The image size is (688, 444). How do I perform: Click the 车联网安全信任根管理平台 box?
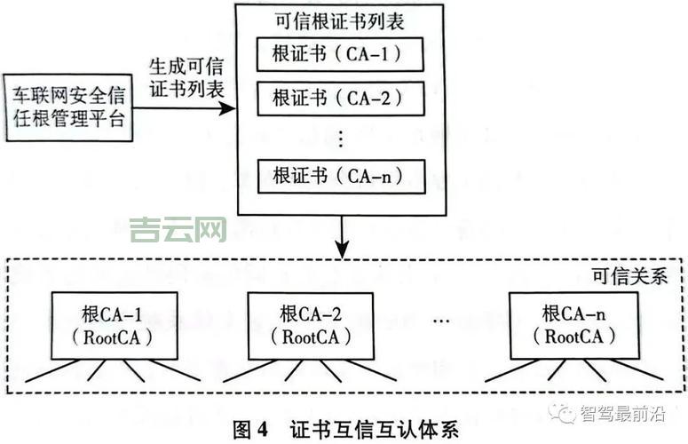(69, 107)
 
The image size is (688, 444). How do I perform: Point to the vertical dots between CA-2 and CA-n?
(341, 137)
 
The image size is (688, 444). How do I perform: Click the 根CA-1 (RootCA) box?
(114, 325)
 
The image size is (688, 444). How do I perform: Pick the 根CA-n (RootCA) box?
(573, 325)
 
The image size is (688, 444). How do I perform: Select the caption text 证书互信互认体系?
(374, 430)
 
